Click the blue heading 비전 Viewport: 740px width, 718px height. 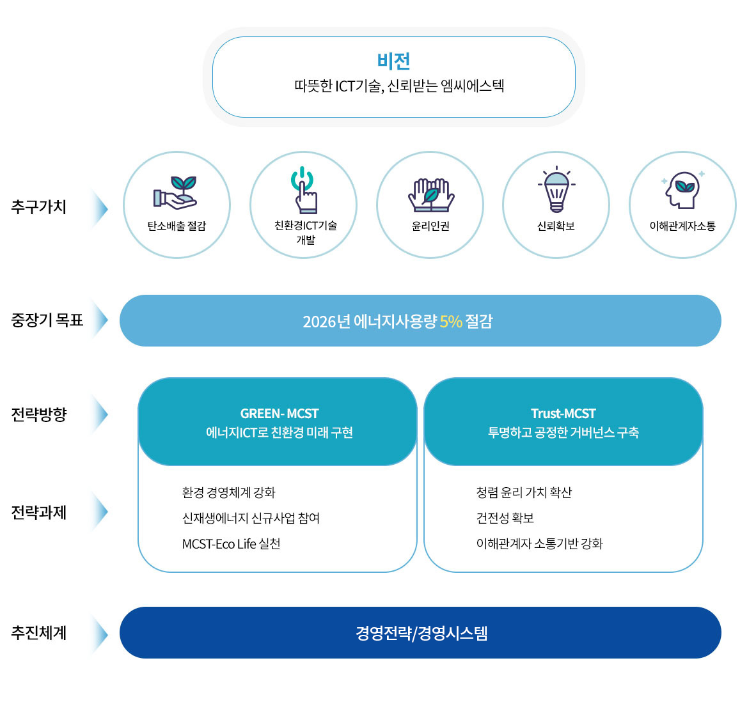(x=393, y=61)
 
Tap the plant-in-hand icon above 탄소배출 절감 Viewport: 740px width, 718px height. (x=175, y=192)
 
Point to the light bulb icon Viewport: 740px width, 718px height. (x=556, y=190)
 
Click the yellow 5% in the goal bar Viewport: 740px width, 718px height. (x=450, y=322)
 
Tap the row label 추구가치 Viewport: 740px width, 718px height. (x=38, y=207)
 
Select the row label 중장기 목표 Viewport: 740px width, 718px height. (x=47, y=320)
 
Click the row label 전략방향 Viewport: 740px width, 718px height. (x=38, y=414)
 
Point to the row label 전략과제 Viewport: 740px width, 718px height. (x=38, y=513)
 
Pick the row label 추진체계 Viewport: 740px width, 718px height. (x=38, y=633)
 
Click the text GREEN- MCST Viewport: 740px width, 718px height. (x=279, y=414)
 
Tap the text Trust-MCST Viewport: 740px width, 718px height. (x=563, y=414)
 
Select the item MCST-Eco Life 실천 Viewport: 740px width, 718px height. (x=231, y=544)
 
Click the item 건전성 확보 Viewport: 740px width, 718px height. (x=505, y=519)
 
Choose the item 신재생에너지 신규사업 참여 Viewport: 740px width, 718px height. (x=251, y=519)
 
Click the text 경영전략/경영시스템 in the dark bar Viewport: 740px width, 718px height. (x=421, y=634)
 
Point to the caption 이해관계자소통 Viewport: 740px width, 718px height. (x=682, y=226)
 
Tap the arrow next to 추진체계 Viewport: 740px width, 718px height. (x=100, y=634)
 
